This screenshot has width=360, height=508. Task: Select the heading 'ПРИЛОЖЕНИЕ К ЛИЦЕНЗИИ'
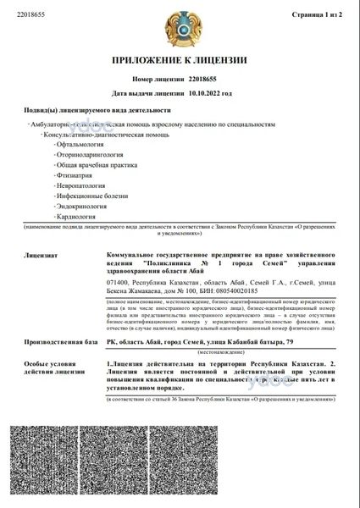click(180, 61)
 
